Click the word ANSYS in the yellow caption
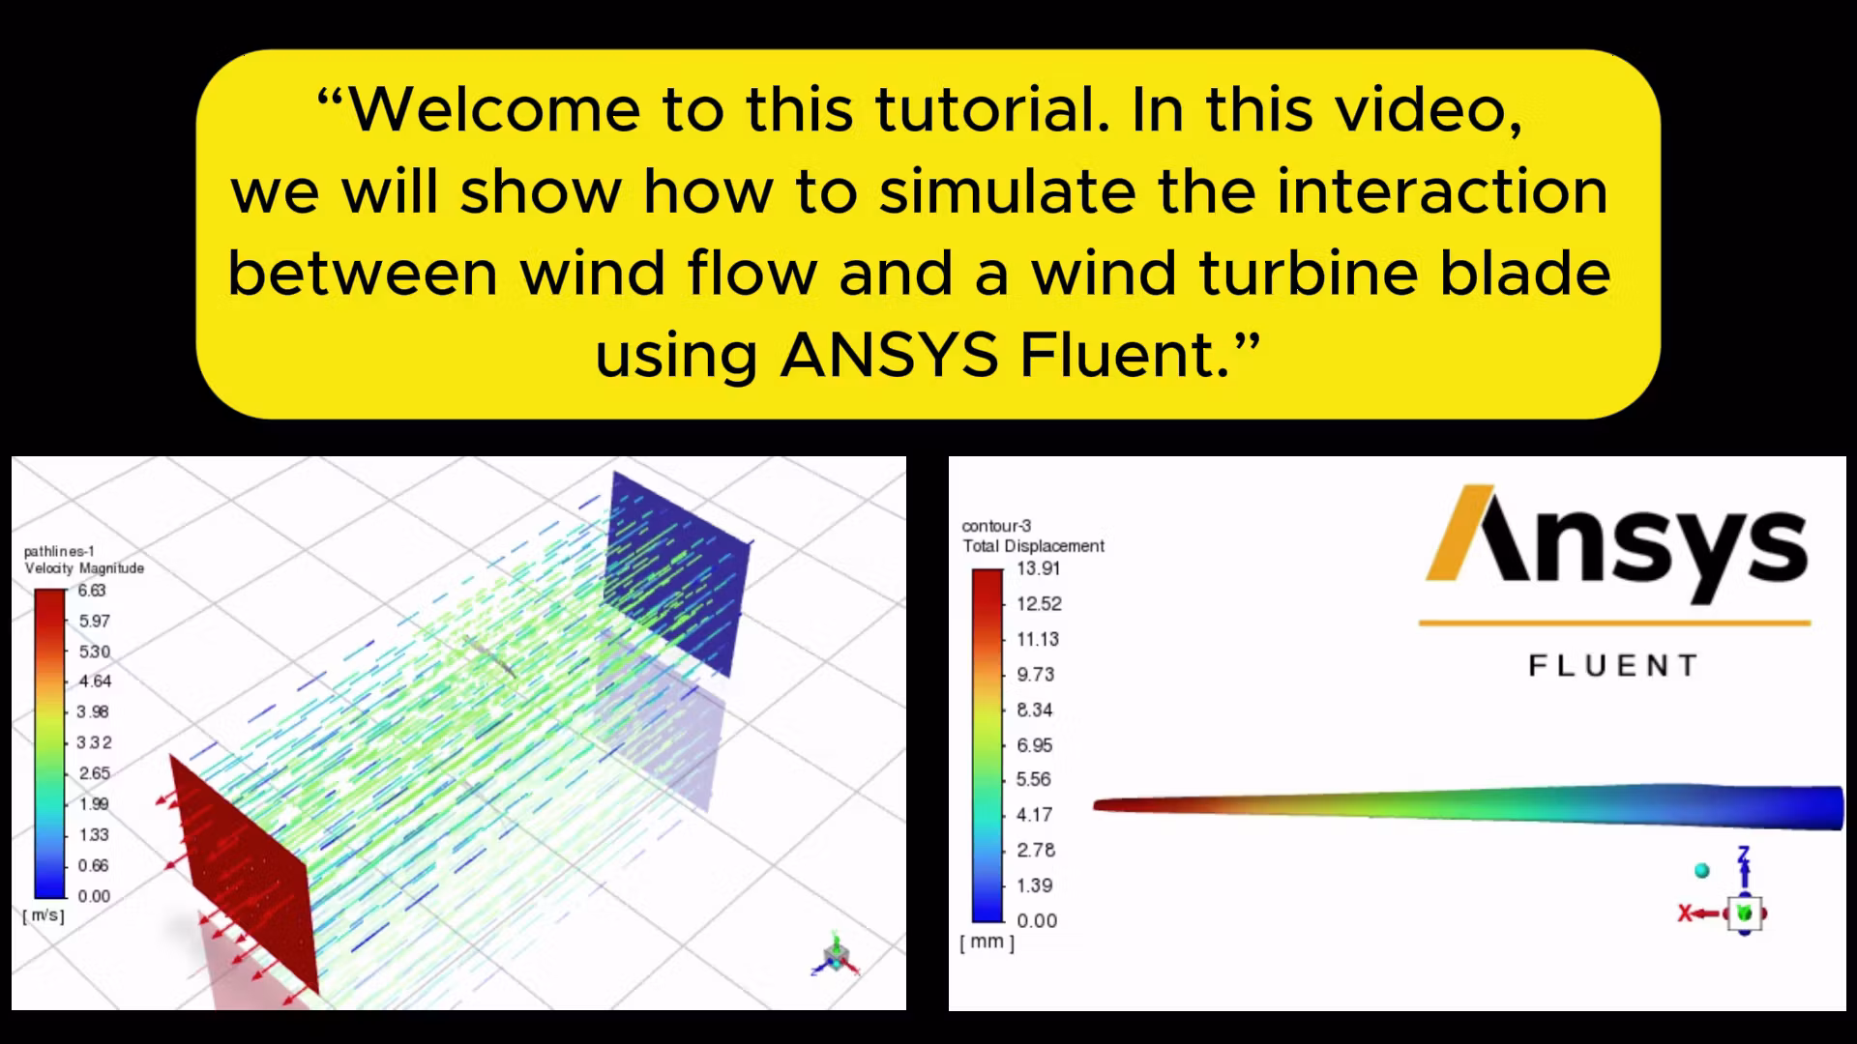click(889, 355)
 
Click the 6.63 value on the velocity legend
click(92, 591)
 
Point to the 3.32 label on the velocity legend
click(94, 742)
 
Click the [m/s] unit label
click(44, 914)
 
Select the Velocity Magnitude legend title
click(84, 568)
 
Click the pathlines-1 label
click(59, 551)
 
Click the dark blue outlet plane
click(677, 570)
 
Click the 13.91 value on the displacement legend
click(1038, 568)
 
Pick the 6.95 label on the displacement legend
click(1034, 745)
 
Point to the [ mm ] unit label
click(987, 942)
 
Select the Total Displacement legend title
click(1033, 546)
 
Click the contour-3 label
click(996, 526)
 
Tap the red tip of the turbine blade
click(1112, 804)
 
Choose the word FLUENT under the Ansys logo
click(1613, 666)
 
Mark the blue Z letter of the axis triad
click(1744, 855)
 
